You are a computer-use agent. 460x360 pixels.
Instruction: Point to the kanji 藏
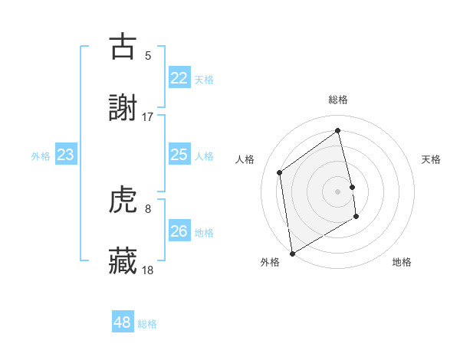[123, 261]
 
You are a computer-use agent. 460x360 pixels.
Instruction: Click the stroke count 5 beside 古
[148, 55]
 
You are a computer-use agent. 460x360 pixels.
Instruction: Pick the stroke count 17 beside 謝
[148, 116]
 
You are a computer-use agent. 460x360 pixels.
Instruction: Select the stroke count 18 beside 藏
[148, 270]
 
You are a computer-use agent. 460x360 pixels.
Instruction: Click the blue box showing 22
[179, 78]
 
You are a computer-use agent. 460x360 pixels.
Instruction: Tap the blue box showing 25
[179, 155]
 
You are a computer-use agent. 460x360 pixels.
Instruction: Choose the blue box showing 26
[179, 231]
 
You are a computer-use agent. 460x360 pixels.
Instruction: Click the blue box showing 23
[65, 155]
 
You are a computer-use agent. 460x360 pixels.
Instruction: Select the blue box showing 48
[123, 322]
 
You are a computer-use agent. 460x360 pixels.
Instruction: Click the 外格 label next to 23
[41, 156]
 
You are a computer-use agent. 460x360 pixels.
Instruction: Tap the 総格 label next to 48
[147, 324]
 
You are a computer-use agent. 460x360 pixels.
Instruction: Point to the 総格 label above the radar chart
[337, 100]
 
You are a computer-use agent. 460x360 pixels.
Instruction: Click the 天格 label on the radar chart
[431, 159]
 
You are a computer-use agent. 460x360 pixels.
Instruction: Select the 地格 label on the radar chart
[402, 262]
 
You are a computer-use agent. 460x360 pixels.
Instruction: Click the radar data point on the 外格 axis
[291, 253]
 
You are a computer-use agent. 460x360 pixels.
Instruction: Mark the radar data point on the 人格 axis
[280, 172]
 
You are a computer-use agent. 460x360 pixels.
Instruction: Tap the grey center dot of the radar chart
[337, 191]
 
